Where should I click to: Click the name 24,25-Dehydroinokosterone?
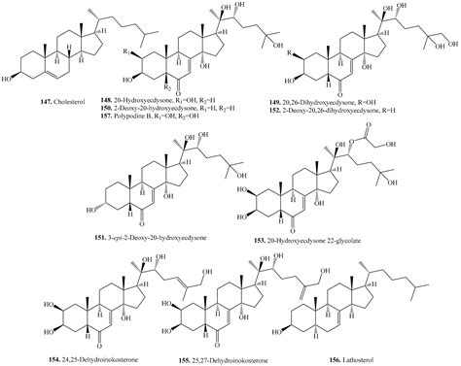point(77,357)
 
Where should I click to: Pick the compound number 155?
point(180,357)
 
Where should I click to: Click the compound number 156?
point(345,357)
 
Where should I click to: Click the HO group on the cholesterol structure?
point(12,78)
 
